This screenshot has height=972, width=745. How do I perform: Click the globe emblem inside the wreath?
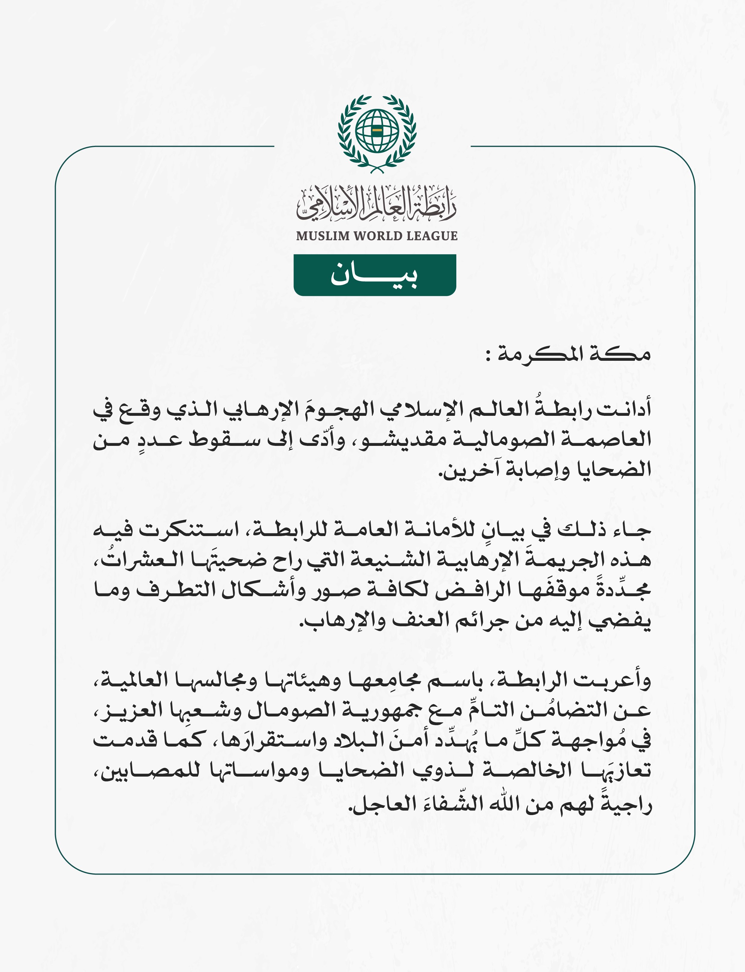click(376, 130)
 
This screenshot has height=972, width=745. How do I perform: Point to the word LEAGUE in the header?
click(432, 236)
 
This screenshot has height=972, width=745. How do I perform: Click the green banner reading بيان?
click(375, 275)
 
